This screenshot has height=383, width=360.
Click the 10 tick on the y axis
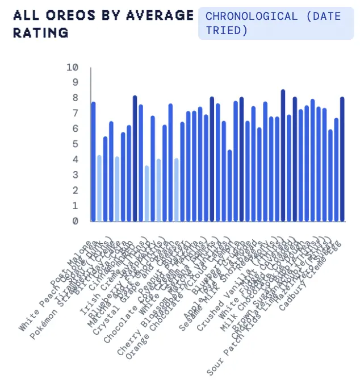[72, 67]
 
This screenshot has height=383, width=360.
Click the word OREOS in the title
[64, 15]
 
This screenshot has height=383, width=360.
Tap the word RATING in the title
[40, 32]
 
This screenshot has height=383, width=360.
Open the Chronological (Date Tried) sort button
[276, 23]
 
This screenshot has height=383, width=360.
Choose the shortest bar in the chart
[147, 194]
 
